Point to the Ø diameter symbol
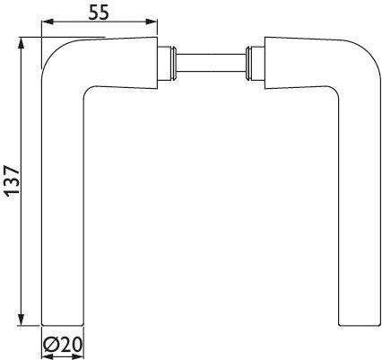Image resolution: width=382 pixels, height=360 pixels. point(51,344)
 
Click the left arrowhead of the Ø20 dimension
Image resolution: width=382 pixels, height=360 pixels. point(45,355)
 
